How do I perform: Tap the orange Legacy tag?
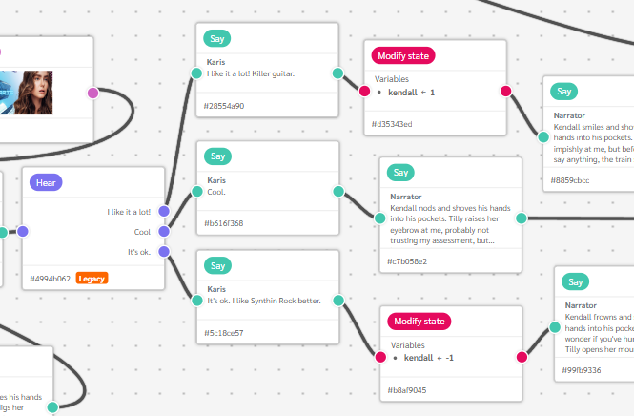[92, 278]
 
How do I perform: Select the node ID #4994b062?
[50, 279]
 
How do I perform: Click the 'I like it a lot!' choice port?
[163, 212]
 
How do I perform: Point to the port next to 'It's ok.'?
[163, 252]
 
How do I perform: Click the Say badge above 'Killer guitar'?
[217, 39]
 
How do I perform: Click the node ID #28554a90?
[226, 106]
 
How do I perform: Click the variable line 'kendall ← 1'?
[411, 93]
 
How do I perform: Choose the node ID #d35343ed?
[393, 124]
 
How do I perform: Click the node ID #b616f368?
[225, 223]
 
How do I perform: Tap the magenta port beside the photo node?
[92, 93]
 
